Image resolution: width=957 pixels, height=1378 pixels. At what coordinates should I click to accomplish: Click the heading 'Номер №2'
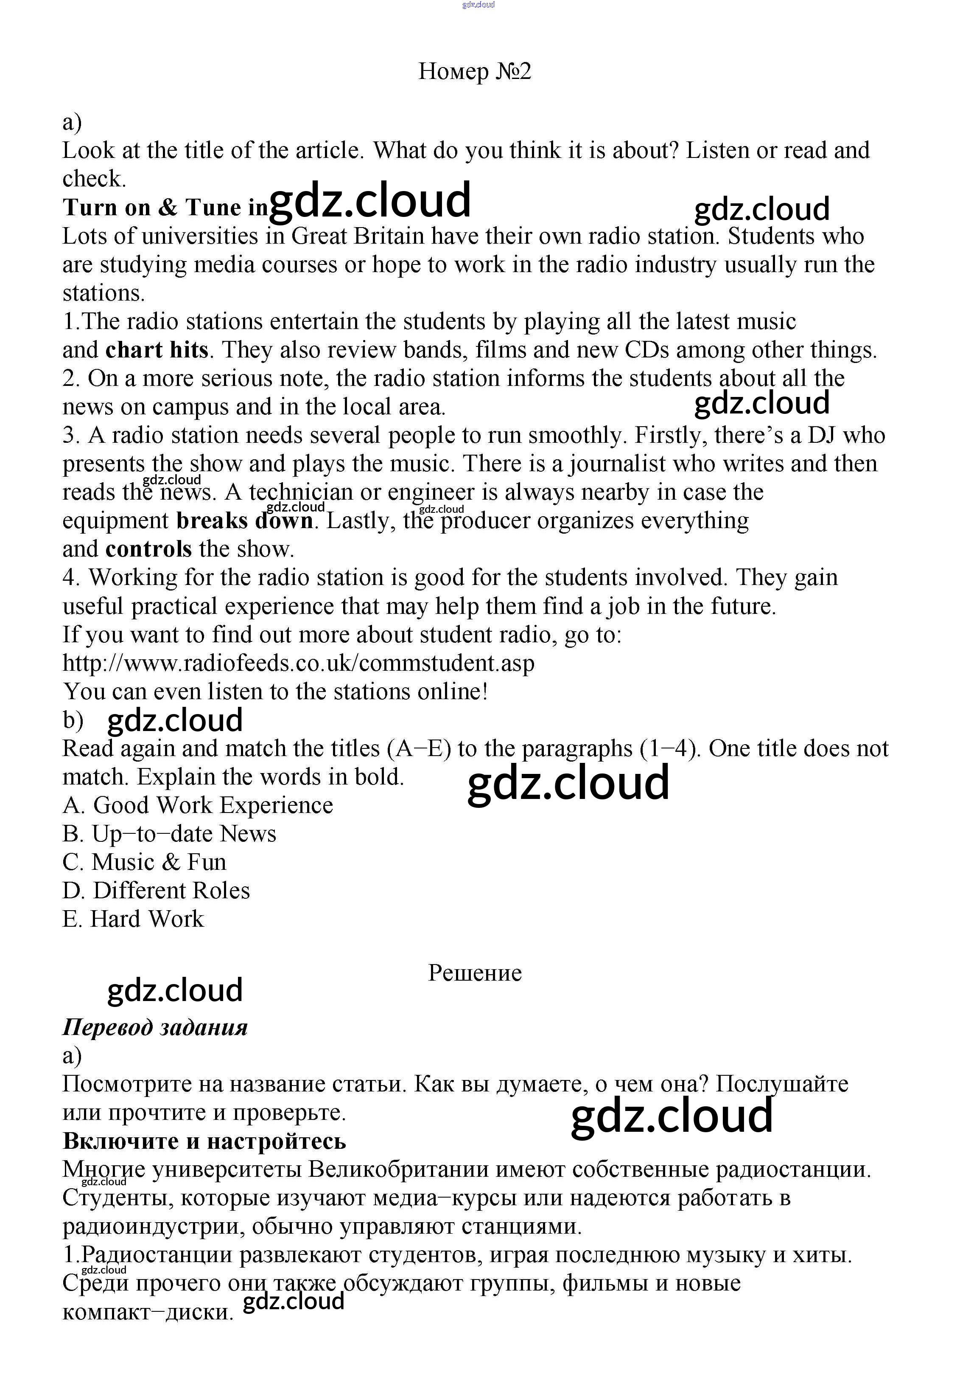pos(474,71)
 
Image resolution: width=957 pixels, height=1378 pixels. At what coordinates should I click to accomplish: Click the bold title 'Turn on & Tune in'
pos(165,208)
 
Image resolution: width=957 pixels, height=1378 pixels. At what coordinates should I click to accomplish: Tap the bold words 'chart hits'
pos(157,350)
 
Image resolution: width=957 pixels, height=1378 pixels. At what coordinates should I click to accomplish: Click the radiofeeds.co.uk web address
pos(298,663)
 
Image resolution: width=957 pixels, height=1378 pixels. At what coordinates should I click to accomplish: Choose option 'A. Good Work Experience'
pos(197,805)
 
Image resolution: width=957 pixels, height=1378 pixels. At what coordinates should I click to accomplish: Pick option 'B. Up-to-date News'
pos(169,834)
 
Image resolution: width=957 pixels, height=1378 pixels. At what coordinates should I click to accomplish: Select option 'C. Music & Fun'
pos(145,862)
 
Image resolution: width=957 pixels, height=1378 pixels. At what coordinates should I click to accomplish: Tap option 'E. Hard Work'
pos(133,919)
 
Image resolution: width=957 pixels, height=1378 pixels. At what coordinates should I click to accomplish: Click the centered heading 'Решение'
pos(474,973)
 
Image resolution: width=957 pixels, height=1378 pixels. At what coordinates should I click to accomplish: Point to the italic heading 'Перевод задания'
pos(155,1028)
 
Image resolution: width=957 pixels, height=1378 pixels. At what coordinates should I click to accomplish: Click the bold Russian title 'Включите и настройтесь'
pos(204,1141)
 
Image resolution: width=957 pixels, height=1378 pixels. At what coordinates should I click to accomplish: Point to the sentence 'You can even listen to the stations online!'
pos(275,692)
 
